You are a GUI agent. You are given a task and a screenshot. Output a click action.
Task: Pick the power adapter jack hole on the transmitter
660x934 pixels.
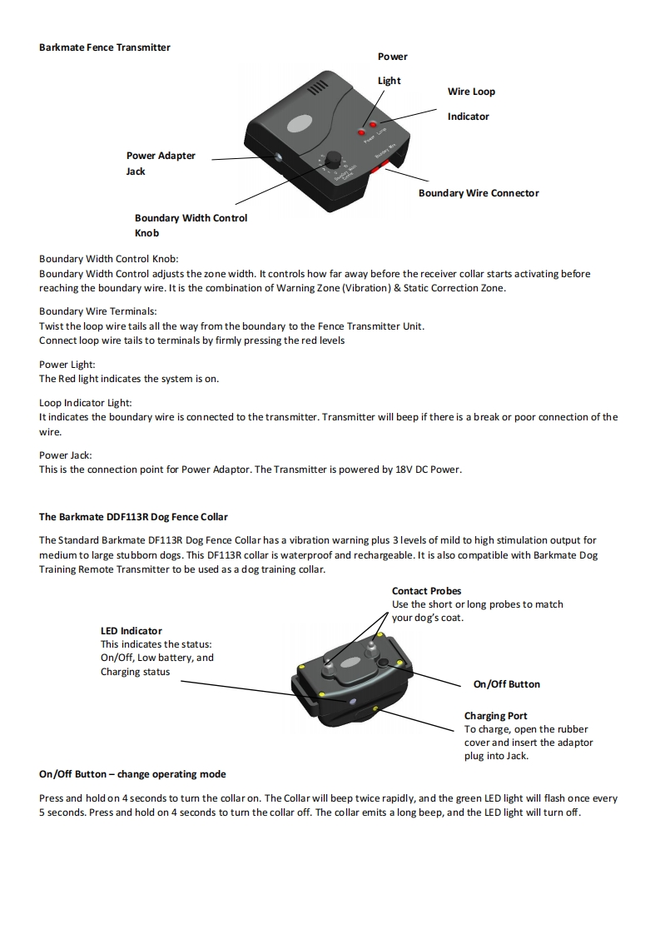click(277, 156)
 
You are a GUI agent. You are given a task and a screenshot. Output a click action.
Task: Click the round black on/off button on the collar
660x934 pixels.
click(384, 662)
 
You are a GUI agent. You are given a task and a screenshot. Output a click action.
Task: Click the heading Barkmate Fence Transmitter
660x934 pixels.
click(105, 47)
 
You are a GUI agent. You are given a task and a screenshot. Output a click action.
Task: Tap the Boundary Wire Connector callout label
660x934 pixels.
click(478, 193)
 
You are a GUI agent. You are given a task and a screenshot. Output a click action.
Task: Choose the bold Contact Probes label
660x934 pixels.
click(426, 591)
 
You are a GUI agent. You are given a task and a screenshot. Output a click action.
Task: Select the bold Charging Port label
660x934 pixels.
click(495, 716)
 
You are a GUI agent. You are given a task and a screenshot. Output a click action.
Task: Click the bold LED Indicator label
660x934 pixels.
click(132, 631)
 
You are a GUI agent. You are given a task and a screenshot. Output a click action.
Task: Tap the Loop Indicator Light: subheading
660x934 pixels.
click(86, 403)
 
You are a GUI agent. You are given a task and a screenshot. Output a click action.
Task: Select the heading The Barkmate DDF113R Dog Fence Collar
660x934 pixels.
click(133, 517)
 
